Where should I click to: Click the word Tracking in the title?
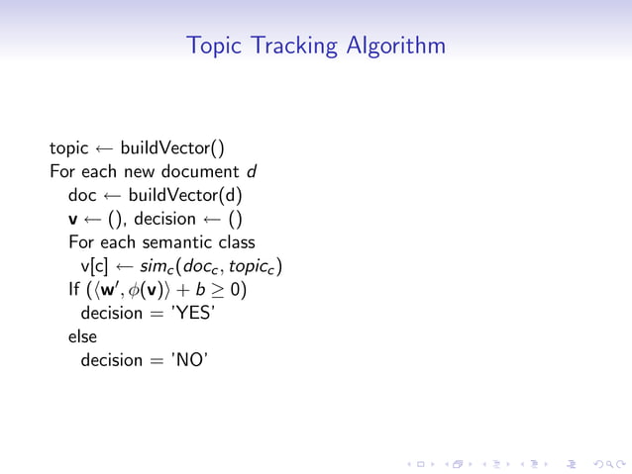click(295, 46)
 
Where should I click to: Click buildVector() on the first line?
click(172, 149)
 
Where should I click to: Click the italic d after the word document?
click(253, 172)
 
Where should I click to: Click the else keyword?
click(82, 336)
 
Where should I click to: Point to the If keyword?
click(74, 290)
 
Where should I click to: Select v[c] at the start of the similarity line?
click(95, 266)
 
